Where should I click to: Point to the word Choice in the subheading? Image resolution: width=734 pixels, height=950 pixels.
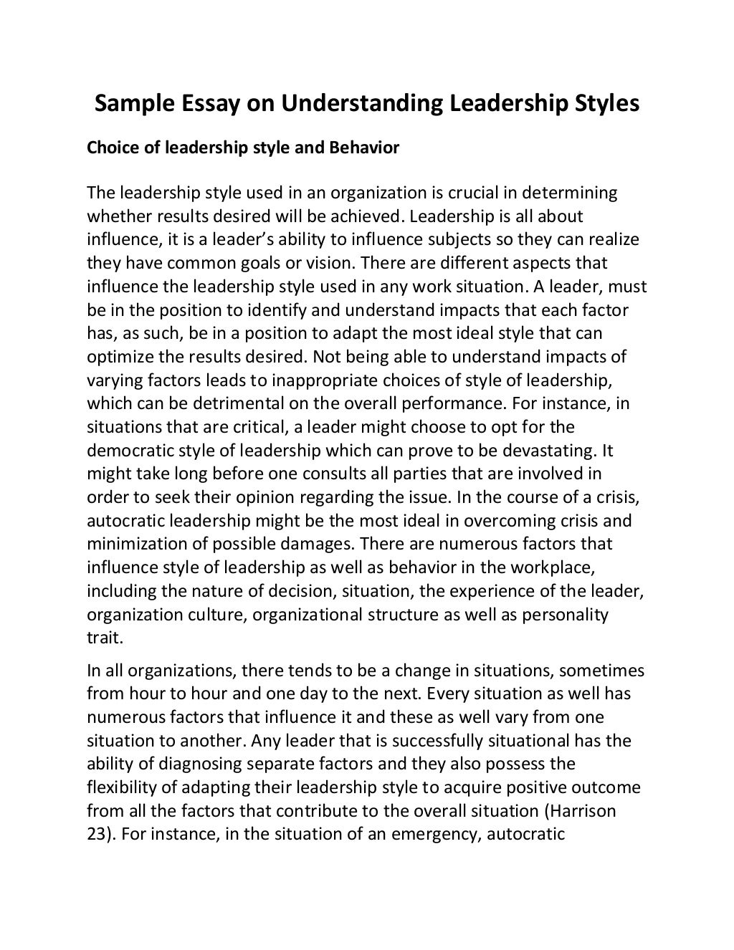pos(110,148)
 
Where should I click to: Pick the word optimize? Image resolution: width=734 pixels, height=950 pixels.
pos(119,357)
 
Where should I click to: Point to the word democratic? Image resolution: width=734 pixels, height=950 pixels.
pos(124,451)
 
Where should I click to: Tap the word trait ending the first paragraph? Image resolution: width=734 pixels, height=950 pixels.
pos(105,637)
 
